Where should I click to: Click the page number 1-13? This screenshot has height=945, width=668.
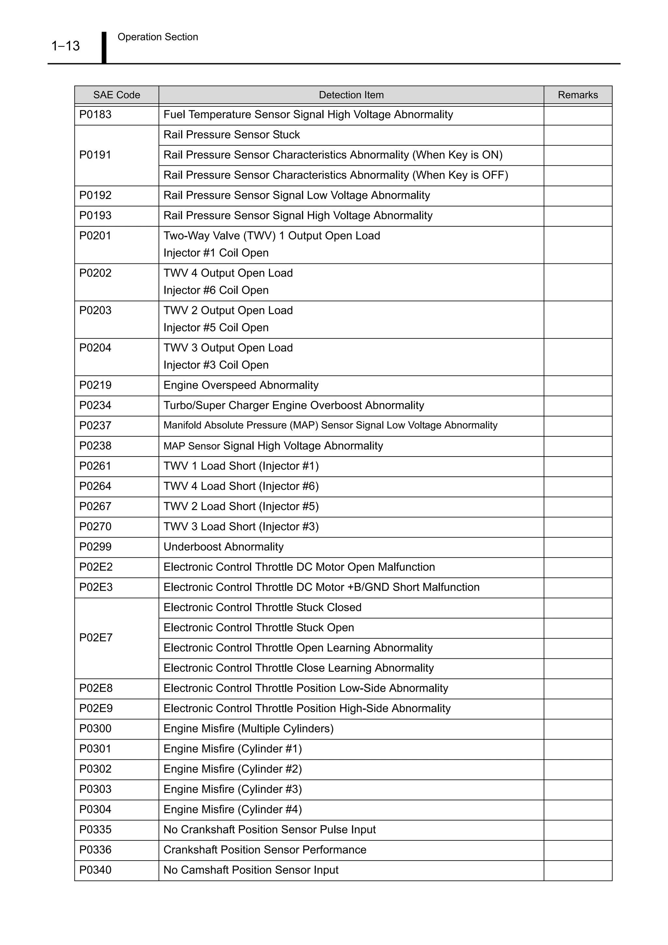pyautogui.click(x=66, y=46)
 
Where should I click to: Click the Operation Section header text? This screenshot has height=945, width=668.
pyautogui.click(x=158, y=37)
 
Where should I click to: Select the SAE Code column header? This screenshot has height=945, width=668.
pyautogui.click(x=116, y=95)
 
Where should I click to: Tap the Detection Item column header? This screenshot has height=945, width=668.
pyautogui.click(x=351, y=95)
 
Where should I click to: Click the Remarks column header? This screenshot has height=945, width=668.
pyautogui.click(x=577, y=95)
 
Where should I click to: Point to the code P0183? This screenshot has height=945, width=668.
pyautogui.click(x=95, y=114)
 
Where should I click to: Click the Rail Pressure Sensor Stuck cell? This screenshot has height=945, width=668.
pyautogui.click(x=231, y=135)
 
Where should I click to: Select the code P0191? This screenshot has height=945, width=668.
pyautogui.click(x=95, y=155)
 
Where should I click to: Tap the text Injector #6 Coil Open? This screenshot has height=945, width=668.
pyautogui.click(x=216, y=290)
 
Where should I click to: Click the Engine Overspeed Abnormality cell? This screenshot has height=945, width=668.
pyautogui.click(x=241, y=385)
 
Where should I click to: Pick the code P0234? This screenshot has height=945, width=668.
pyautogui.click(x=95, y=405)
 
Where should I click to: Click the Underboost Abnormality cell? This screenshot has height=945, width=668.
pyautogui.click(x=223, y=547)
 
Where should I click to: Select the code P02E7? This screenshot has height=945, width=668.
pyautogui.click(x=96, y=637)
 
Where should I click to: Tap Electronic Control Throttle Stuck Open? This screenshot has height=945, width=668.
pyautogui.click(x=258, y=627)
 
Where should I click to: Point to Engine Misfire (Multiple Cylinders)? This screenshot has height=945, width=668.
pyautogui.click(x=248, y=728)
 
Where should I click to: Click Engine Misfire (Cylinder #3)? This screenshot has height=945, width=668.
pyautogui.click(x=233, y=789)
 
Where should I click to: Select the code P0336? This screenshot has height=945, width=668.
pyautogui.click(x=95, y=849)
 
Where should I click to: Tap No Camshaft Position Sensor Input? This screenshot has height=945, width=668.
pyautogui.click(x=250, y=870)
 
